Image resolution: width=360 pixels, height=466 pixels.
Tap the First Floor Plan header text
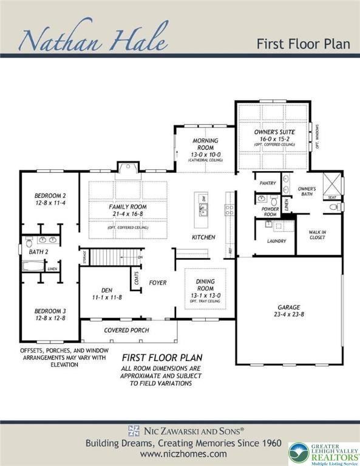tap(304, 44)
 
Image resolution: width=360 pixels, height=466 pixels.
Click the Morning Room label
tap(205, 144)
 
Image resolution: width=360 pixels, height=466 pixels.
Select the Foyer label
tap(158, 283)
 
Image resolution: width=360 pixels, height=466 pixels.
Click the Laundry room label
tap(276, 241)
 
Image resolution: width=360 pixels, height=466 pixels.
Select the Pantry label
tap(268, 183)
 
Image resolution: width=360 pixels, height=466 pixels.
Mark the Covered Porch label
tap(128, 331)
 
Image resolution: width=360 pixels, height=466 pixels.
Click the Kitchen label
tap(203, 237)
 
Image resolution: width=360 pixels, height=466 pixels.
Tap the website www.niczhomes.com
tap(180, 453)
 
